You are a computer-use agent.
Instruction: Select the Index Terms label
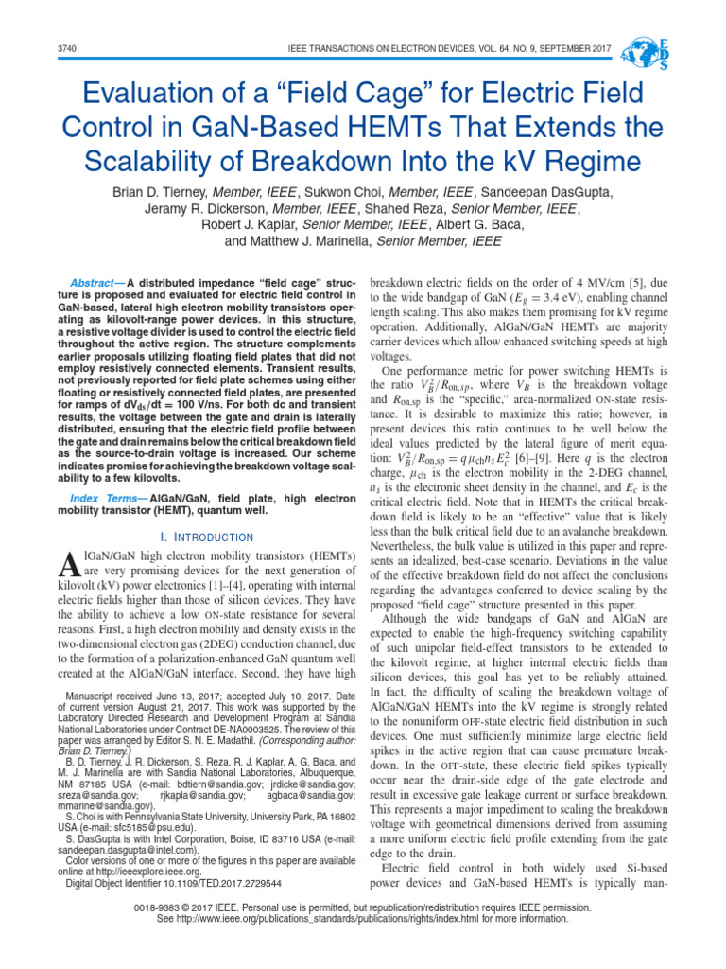click(x=96, y=498)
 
